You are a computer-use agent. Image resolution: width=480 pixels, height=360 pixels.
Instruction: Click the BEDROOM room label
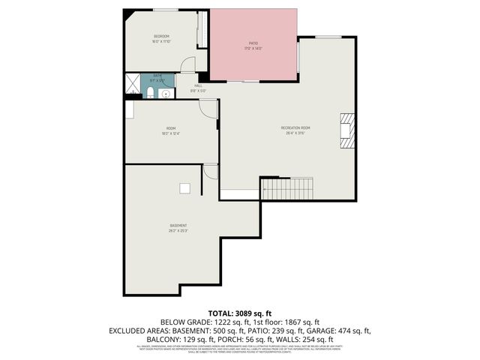[161, 37]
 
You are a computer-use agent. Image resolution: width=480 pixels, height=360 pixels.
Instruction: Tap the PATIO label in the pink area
[253, 43]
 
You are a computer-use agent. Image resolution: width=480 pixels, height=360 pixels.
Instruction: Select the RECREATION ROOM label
[295, 128]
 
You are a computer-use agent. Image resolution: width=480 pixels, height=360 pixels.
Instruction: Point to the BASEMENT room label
[178, 226]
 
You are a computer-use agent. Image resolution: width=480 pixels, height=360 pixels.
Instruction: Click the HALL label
[199, 85]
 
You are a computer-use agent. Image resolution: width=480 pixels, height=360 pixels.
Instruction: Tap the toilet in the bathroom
[150, 93]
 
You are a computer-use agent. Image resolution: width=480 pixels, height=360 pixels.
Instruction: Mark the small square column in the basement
[184, 187]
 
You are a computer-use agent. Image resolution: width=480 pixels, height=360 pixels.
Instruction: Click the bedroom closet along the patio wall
[201, 31]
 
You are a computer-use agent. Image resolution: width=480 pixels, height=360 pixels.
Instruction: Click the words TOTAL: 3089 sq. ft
[240, 312]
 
